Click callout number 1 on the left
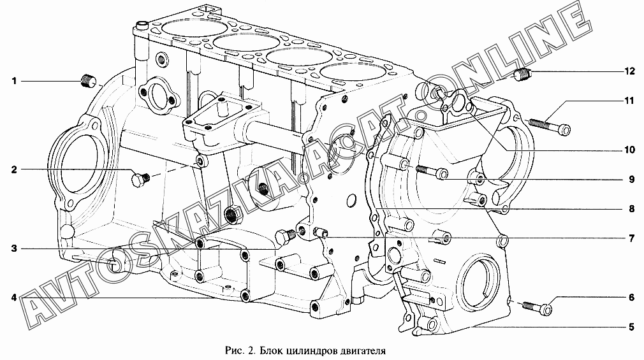(13, 81)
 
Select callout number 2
(13, 169)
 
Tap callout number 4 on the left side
(13, 298)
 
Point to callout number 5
(631, 328)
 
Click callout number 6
(631, 298)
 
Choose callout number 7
(631, 239)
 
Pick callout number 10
(629, 150)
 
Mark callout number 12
(629, 71)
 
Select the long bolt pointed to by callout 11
(549, 126)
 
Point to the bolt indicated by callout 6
(537, 307)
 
